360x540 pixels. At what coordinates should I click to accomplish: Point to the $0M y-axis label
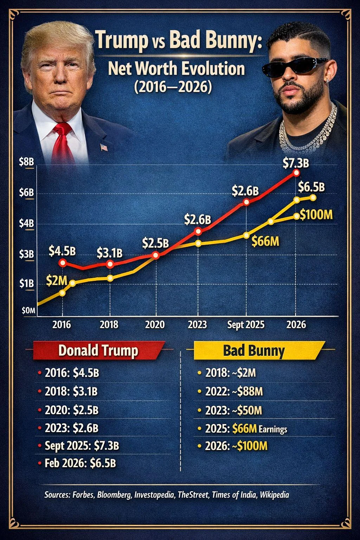28,310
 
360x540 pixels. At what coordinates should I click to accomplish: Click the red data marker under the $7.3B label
296,173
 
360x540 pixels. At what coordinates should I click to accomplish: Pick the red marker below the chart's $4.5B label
63,262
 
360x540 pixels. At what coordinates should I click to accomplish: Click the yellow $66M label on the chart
265,242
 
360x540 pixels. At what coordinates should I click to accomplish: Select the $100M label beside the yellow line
316,214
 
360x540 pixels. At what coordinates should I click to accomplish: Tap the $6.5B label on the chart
311,187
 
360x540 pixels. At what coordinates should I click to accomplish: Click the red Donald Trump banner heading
98,351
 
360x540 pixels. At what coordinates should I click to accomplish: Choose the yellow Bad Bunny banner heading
253,351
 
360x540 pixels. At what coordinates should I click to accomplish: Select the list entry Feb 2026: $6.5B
80,463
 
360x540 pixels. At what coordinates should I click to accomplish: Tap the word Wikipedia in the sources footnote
274,495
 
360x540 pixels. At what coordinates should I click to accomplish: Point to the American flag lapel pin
104,147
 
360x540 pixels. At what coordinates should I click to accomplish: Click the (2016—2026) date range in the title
173,86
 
